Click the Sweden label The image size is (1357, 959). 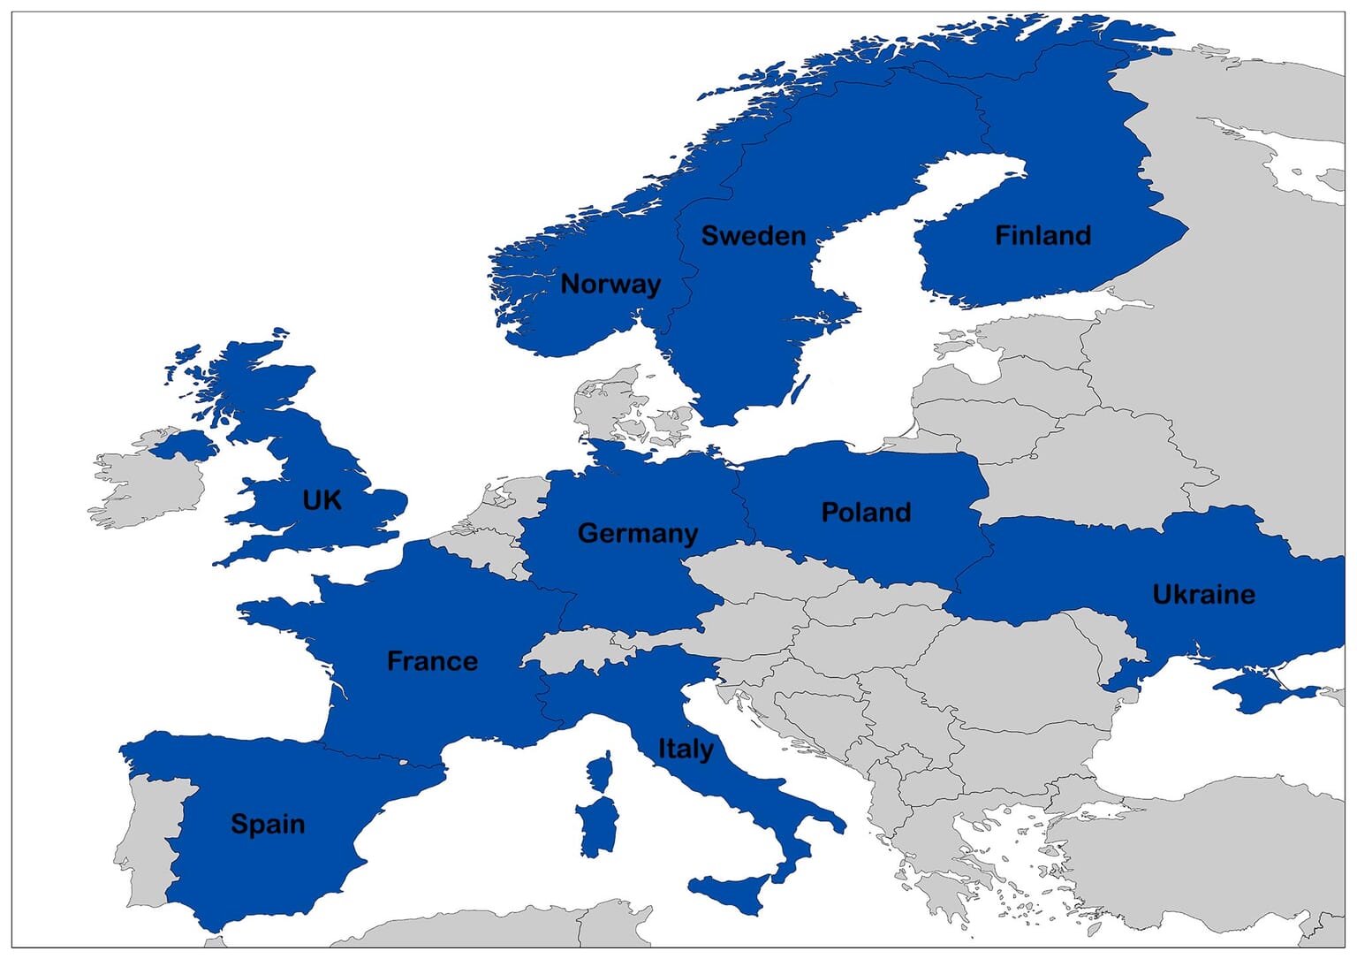tap(753, 236)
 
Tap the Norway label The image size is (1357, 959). tap(610, 284)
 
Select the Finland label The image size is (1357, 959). tap(1042, 236)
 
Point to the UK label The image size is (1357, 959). tap(322, 500)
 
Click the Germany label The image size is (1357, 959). tap(637, 533)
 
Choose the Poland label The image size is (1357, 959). tap(866, 513)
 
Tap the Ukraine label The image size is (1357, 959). tap(1203, 594)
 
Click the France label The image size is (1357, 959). tap(432, 661)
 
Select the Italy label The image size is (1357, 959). tap(686, 749)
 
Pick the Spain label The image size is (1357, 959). tap(268, 824)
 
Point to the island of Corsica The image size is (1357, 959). tap(601, 773)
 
